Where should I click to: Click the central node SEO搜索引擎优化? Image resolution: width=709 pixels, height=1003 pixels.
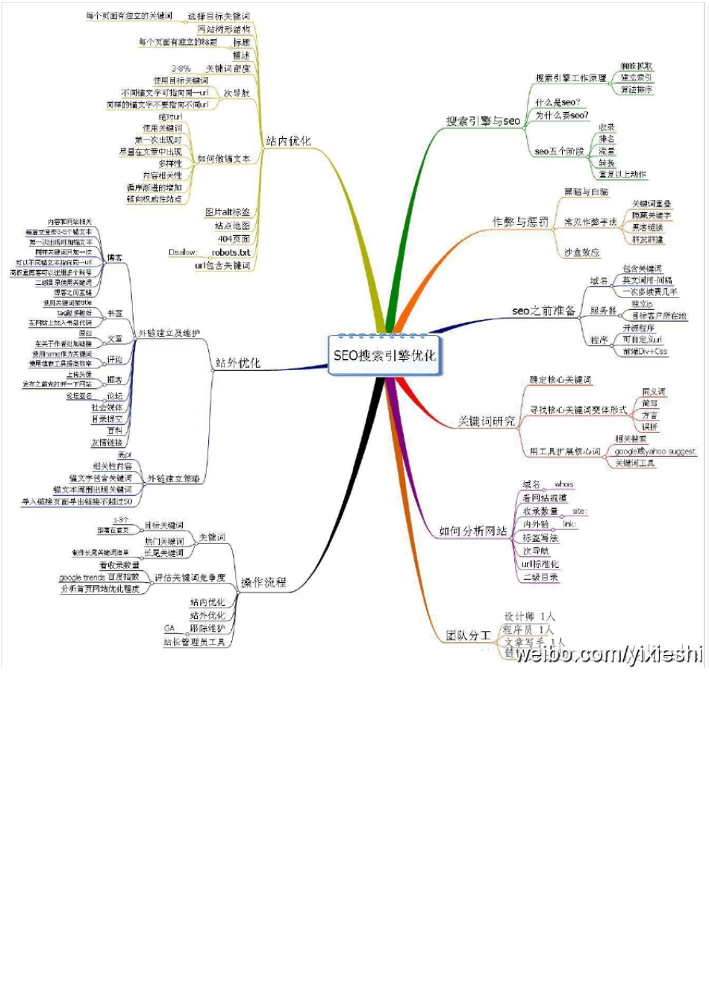(384, 355)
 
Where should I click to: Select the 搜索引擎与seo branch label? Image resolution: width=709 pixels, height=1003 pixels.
(483, 121)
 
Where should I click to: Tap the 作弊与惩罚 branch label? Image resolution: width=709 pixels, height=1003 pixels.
(520, 222)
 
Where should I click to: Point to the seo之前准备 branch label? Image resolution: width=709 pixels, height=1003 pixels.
(543, 310)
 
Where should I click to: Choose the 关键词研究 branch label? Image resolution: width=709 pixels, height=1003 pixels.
(487, 422)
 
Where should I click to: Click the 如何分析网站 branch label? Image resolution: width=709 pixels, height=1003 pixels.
(472, 531)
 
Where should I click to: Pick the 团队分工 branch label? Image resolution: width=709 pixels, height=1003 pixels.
(469, 636)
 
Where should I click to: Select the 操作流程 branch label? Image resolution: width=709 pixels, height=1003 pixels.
(263, 582)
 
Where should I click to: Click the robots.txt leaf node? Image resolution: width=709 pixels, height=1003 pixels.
(231, 252)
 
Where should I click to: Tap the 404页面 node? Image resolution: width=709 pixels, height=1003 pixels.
(234, 239)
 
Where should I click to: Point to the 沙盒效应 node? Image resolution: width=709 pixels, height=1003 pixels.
(582, 252)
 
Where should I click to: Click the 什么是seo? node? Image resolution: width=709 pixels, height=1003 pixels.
(557, 102)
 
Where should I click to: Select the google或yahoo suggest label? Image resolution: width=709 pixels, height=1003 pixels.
(655, 451)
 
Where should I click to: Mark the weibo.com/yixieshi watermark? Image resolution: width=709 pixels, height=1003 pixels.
(608, 654)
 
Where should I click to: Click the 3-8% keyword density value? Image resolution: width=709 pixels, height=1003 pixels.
(181, 69)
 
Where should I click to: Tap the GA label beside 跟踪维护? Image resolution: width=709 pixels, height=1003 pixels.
(169, 628)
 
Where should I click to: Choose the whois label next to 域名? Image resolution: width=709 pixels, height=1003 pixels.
(564, 484)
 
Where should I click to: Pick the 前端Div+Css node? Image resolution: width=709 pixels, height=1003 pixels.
(645, 351)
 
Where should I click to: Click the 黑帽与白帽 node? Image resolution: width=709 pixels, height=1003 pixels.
(586, 192)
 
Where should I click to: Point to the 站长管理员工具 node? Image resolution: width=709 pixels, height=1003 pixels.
(194, 642)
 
